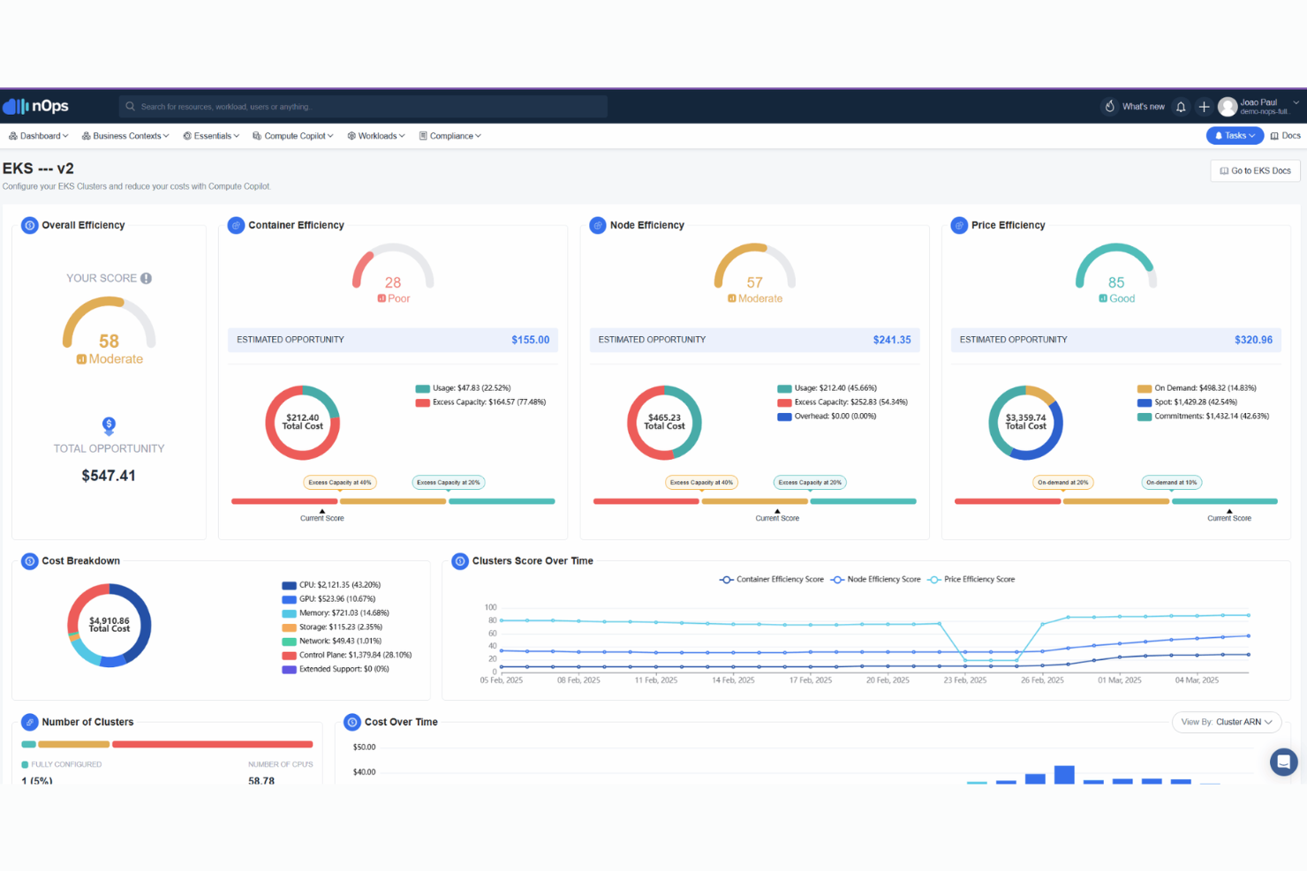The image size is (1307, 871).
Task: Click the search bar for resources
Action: click(x=362, y=107)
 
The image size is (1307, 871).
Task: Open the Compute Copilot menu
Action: click(x=293, y=136)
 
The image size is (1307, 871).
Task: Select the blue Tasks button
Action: click(x=1235, y=135)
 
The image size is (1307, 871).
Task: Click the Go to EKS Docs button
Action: click(x=1255, y=170)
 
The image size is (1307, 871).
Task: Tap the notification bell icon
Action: click(x=1181, y=107)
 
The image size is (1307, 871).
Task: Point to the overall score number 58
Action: click(x=109, y=341)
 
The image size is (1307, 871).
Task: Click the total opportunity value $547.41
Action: click(x=109, y=476)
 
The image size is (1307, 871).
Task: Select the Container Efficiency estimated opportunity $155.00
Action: click(x=530, y=340)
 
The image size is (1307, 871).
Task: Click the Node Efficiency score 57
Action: click(x=754, y=282)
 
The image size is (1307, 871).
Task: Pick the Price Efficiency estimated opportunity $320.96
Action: click(x=1253, y=340)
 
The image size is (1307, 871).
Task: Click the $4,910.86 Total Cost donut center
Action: click(x=110, y=625)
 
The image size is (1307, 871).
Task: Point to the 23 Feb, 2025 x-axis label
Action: click(x=965, y=680)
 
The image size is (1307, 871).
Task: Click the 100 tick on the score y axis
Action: click(x=491, y=607)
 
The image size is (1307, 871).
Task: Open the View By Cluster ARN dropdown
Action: click(x=1227, y=722)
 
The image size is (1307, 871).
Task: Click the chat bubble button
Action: click(x=1283, y=762)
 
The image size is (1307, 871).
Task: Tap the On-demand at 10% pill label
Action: click(x=1171, y=483)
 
